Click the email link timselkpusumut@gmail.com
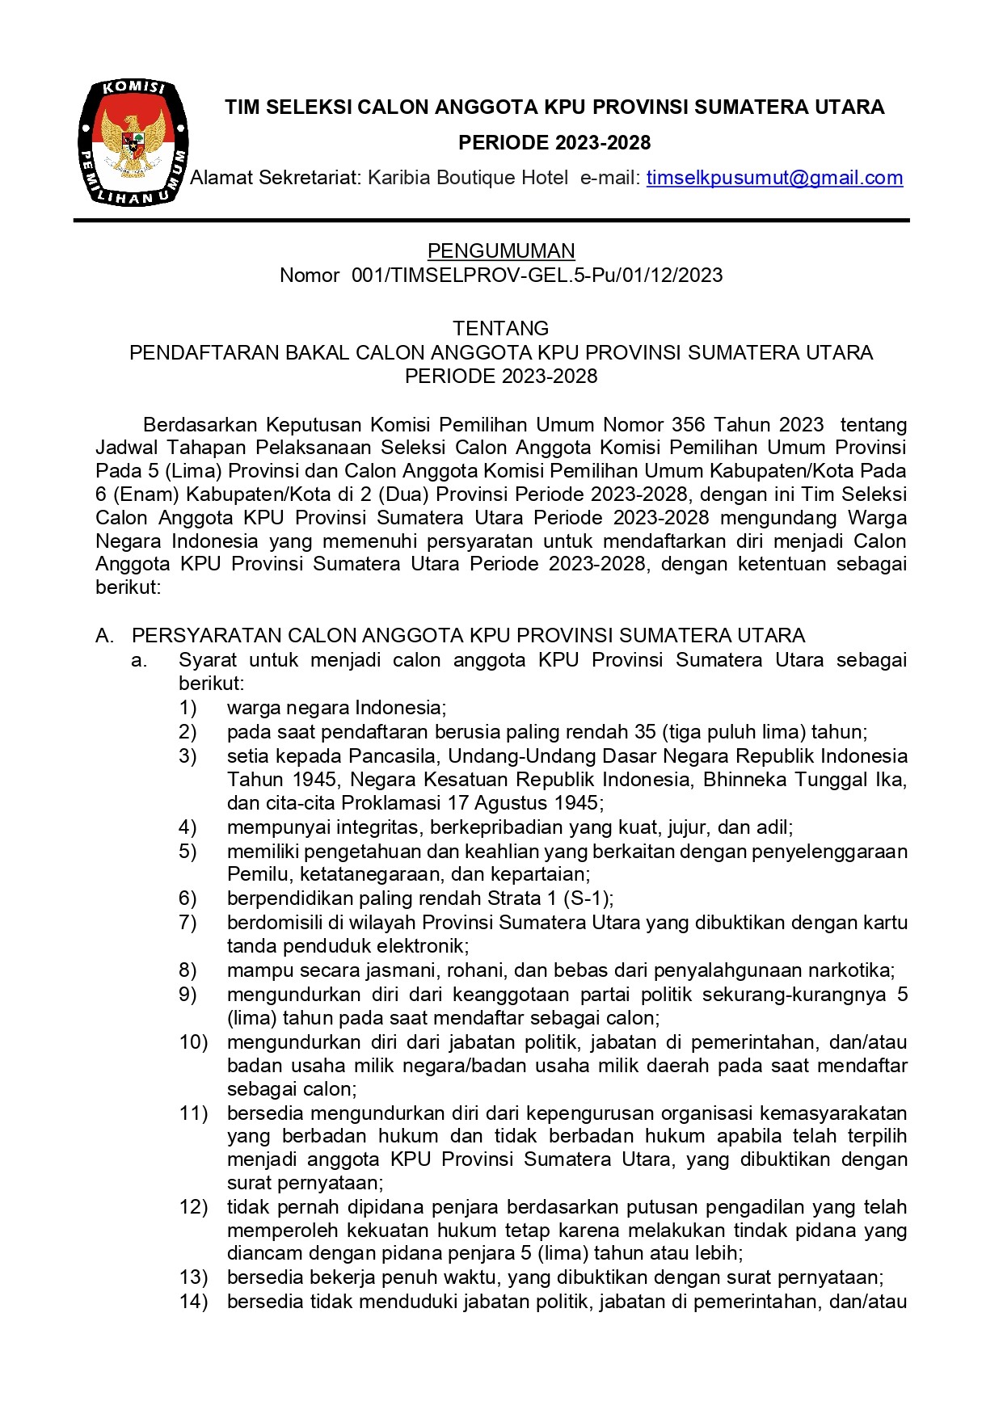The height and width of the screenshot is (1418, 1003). (x=774, y=178)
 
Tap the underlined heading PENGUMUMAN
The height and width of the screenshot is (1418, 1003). (x=501, y=250)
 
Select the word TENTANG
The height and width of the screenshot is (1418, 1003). (x=501, y=328)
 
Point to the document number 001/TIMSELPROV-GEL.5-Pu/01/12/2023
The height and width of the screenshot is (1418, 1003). (x=537, y=276)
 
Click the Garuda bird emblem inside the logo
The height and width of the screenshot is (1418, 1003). (x=134, y=141)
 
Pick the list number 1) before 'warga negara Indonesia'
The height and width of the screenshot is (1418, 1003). (x=188, y=708)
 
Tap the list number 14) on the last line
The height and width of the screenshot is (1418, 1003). (x=193, y=1301)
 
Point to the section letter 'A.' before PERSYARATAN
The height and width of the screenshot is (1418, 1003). (x=104, y=636)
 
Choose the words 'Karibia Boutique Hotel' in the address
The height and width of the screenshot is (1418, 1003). (x=468, y=178)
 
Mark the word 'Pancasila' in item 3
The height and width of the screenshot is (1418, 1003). (x=394, y=756)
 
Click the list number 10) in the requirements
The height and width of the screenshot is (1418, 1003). (x=193, y=1042)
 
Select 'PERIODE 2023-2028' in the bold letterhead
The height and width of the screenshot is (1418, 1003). (x=554, y=143)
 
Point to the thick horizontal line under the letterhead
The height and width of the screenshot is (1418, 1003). (x=491, y=220)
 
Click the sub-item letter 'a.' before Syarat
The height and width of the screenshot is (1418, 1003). (x=139, y=660)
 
